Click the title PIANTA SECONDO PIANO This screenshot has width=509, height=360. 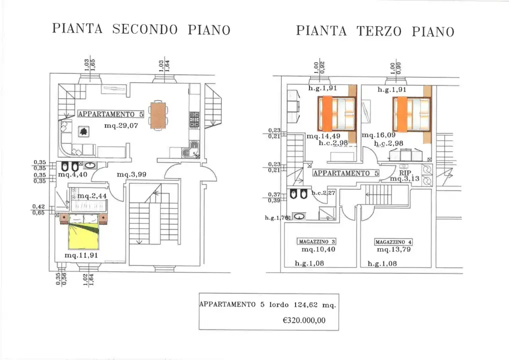pos(141,29)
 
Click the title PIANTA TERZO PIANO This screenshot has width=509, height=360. pos(375,31)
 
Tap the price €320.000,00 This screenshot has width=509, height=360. pos(304,320)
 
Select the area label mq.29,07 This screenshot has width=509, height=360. pos(120,125)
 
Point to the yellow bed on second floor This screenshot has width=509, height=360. pos(85,235)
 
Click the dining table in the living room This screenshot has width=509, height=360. pos(157,115)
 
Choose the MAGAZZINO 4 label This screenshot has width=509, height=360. pos(393,242)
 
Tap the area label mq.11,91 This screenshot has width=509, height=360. pos(81,255)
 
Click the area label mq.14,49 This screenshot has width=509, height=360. pos(323,135)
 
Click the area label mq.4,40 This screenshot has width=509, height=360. pos(72,174)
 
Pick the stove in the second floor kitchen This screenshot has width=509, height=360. pos(193,120)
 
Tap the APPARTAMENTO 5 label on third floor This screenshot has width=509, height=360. pos(345,173)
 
